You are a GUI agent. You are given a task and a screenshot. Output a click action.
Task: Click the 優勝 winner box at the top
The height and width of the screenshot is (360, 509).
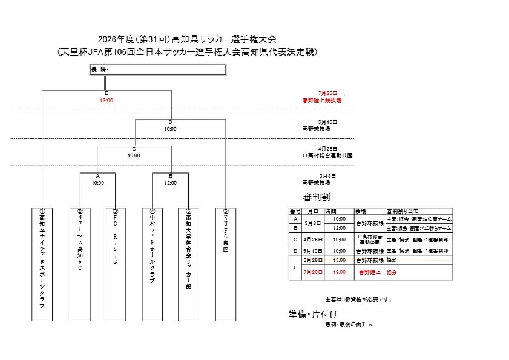(157, 70)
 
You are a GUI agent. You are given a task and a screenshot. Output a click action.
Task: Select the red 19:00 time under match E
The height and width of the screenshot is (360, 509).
(107, 100)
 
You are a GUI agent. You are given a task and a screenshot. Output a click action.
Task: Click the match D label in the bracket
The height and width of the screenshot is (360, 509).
(170, 122)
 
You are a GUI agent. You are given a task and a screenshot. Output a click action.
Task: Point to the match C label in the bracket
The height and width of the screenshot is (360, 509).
(134, 149)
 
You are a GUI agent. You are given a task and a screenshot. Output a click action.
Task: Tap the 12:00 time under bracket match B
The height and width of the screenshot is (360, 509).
(170, 183)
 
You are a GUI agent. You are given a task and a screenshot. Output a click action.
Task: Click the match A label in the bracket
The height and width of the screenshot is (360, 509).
(97, 176)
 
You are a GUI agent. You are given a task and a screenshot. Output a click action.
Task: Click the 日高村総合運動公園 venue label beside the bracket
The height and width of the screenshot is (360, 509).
(327, 155)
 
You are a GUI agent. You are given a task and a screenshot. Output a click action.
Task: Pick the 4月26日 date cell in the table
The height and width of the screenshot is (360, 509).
(314, 239)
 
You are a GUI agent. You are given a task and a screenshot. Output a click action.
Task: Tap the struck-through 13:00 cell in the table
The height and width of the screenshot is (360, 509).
(340, 260)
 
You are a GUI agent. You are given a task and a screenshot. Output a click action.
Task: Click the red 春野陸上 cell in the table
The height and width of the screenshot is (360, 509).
(369, 272)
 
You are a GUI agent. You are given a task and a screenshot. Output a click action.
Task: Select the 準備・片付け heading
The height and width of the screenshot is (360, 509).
(313, 315)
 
